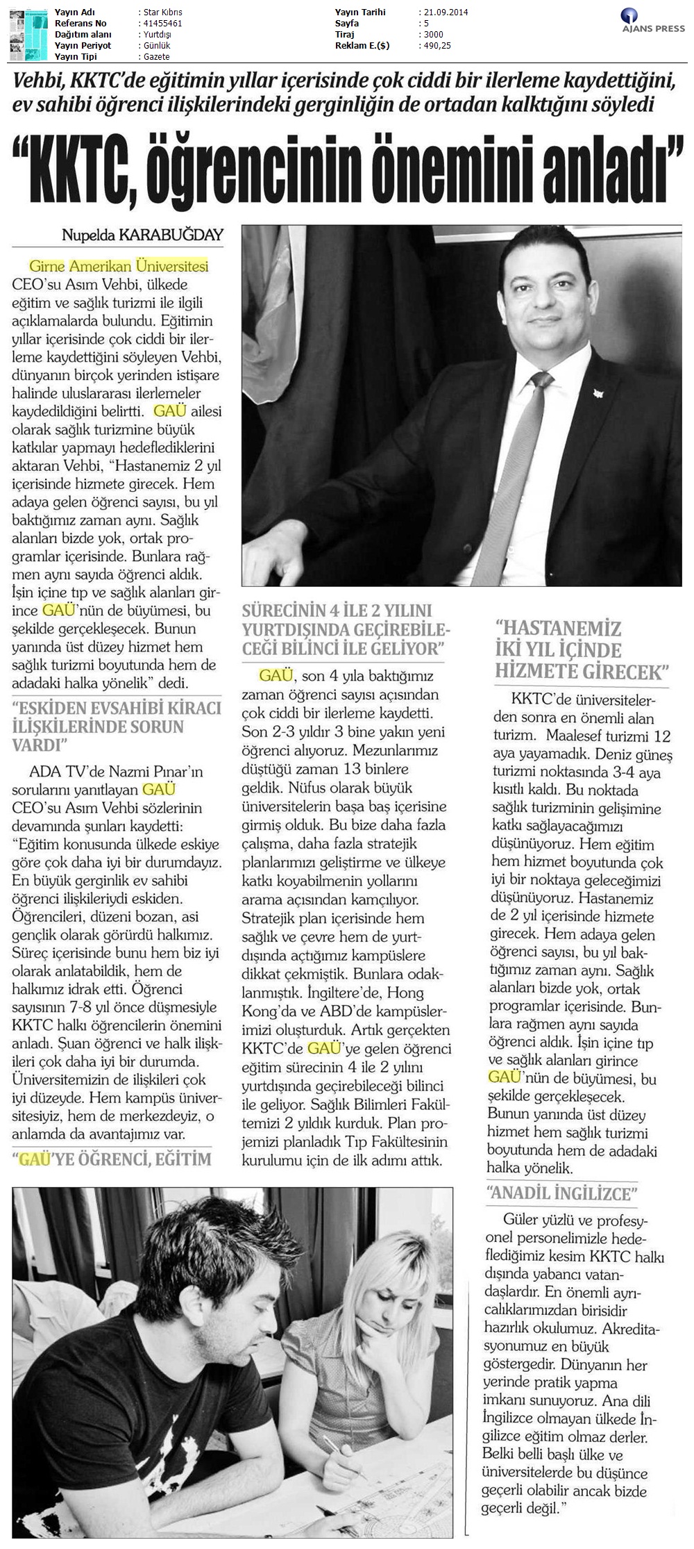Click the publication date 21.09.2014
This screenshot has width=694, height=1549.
(x=444, y=13)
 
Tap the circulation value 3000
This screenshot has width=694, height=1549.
(x=431, y=35)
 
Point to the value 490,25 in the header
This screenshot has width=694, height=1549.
(x=435, y=46)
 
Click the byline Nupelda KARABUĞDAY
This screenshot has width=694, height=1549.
(x=142, y=235)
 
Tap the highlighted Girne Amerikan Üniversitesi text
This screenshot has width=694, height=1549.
(x=119, y=266)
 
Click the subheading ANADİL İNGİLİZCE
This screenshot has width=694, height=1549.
(x=562, y=1194)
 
